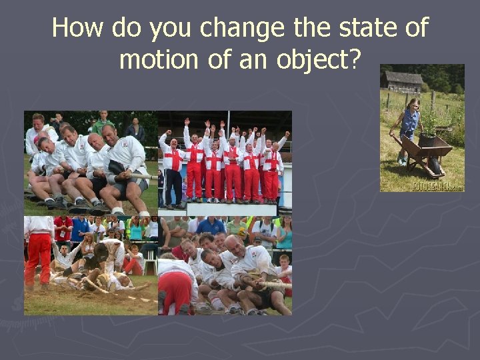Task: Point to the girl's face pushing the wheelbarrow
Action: pyautogui.click(x=414, y=105)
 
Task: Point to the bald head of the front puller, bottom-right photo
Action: pyautogui.click(x=233, y=243)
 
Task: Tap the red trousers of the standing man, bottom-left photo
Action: pyautogui.click(x=38, y=260)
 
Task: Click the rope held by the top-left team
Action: pyautogui.click(x=137, y=176)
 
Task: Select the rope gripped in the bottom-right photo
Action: pyautogui.click(x=273, y=285)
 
